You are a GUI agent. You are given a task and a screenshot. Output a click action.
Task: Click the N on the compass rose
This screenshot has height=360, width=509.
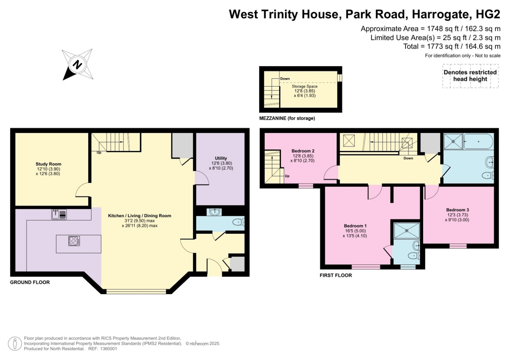coord(77,65)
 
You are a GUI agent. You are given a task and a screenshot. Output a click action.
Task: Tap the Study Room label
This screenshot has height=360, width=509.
coord(48,164)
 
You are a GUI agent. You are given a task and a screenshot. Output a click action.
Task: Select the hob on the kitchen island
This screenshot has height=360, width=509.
coord(74,241)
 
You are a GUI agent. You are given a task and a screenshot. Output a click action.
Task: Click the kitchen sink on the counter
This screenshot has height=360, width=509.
coord(59,214)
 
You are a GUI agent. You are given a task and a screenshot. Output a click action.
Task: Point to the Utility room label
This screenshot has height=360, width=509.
coord(221,158)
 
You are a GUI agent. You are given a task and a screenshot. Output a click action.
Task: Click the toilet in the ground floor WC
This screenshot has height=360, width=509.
coord(238,222)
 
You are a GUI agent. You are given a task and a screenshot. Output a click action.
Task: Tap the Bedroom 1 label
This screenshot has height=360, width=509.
coord(355,226)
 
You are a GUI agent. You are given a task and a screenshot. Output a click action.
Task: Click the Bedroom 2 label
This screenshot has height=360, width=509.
coord(303,151)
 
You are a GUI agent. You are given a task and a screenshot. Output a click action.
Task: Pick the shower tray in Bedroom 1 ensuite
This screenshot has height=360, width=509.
coord(407,230)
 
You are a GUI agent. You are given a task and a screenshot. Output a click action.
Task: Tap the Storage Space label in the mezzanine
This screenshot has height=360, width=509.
coord(305,86)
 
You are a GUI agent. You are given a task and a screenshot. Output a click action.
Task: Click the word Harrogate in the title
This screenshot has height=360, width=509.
coord(440,14)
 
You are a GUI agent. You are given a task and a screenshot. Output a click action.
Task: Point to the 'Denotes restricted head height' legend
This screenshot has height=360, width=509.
coord(470,75)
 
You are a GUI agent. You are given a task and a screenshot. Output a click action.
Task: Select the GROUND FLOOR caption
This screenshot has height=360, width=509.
coord(30,282)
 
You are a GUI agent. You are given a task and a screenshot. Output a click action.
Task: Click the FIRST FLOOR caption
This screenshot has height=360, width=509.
coord(336,275)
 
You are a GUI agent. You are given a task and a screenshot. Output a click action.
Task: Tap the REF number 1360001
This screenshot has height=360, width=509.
coord(108,349)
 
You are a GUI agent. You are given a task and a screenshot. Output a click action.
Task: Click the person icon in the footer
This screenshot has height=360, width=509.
coord(15,344)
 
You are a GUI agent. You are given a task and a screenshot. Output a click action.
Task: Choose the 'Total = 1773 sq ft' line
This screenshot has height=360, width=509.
coord(452,46)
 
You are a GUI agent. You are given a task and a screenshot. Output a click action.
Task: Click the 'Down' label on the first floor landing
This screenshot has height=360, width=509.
coord(408,158)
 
